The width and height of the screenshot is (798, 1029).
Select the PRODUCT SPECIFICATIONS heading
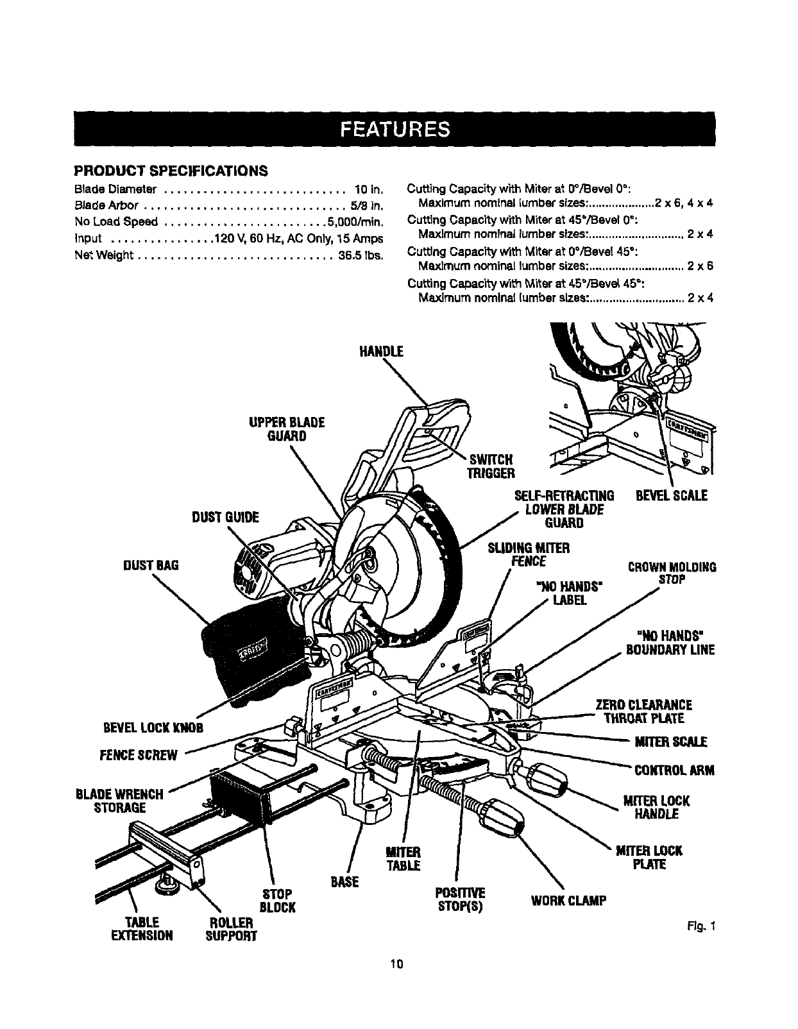(x=171, y=171)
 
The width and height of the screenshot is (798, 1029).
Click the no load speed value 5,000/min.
(x=355, y=222)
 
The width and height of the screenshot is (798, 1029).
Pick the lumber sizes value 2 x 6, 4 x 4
(x=684, y=203)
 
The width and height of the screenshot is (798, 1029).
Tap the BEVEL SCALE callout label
(x=671, y=496)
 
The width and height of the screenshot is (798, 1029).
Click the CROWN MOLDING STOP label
(x=672, y=574)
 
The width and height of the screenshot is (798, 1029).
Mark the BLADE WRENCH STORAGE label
(x=120, y=801)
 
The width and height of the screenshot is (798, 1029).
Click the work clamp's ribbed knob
(x=504, y=819)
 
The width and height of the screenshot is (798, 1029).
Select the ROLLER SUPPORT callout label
(x=230, y=929)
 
